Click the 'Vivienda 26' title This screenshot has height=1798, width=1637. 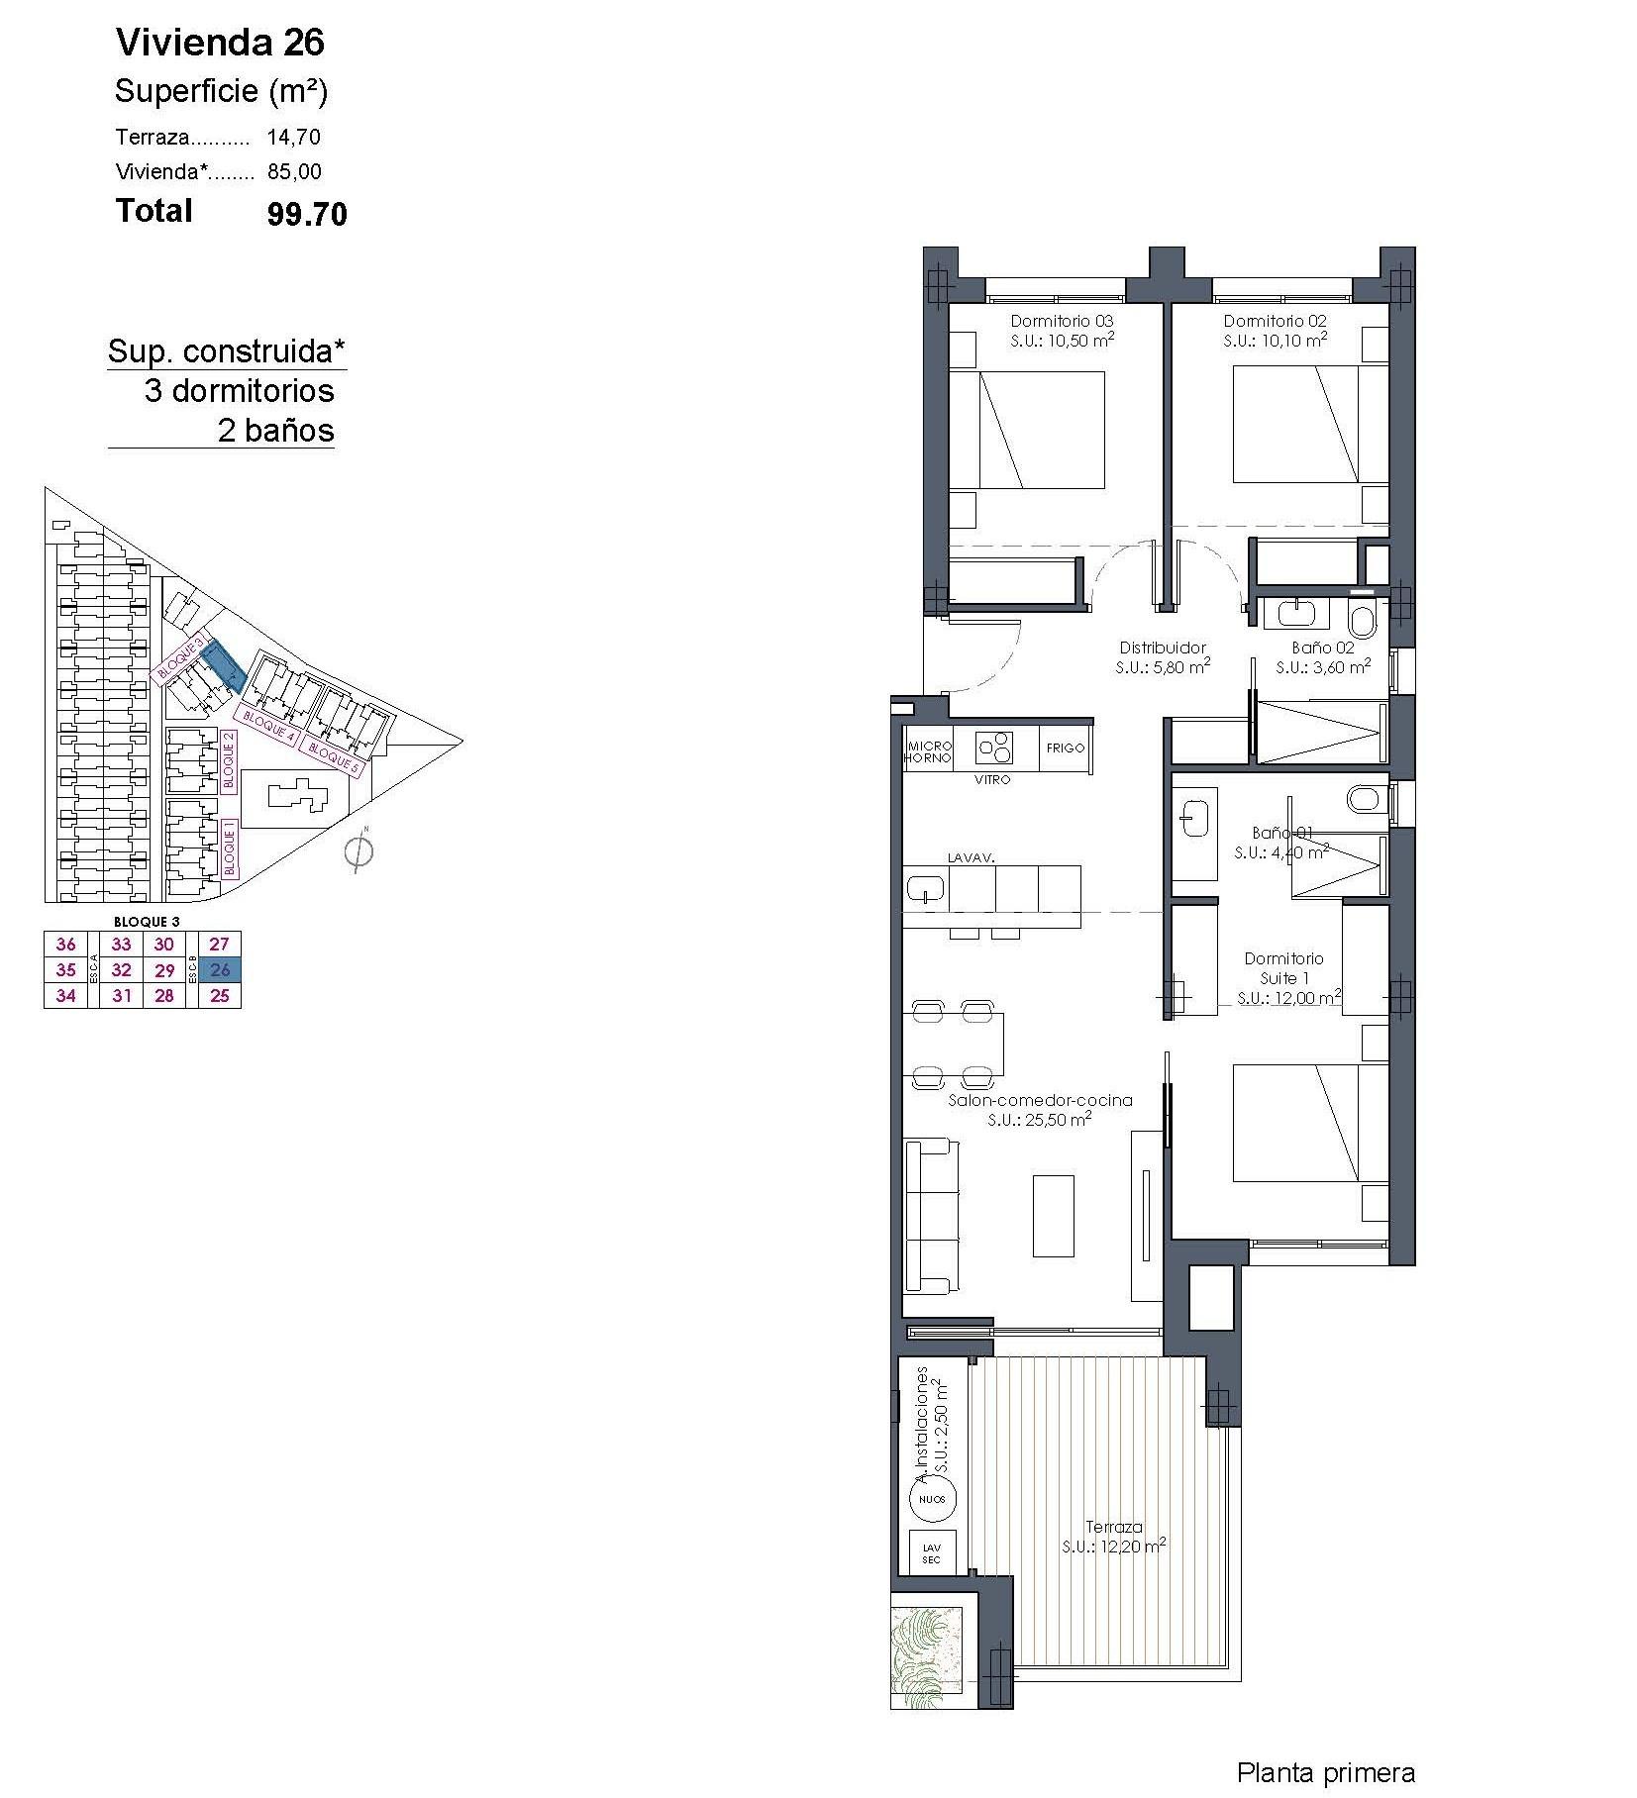(x=220, y=43)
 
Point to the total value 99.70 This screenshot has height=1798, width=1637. (x=307, y=215)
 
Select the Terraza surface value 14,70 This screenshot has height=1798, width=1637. (x=293, y=138)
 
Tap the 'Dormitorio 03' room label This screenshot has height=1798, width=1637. (x=1062, y=321)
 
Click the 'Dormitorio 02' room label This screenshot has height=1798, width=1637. (x=1275, y=321)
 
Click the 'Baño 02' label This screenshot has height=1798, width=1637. (x=1322, y=648)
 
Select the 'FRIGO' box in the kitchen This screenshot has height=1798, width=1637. (x=1066, y=749)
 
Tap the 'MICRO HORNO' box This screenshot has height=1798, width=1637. (x=928, y=751)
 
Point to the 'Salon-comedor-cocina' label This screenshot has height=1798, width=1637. (x=1040, y=1100)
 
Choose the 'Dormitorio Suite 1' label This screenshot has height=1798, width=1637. (x=1283, y=968)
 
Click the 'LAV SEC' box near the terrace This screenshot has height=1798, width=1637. (x=932, y=1553)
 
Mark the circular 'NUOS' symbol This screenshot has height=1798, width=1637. (x=932, y=1499)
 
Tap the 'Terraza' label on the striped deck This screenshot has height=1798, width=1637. (x=1114, y=1527)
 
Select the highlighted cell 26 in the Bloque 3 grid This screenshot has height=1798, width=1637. (x=220, y=970)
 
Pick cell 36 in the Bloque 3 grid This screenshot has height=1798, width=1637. (x=66, y=945)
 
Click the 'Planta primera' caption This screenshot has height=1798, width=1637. (x=1325, y=1772)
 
